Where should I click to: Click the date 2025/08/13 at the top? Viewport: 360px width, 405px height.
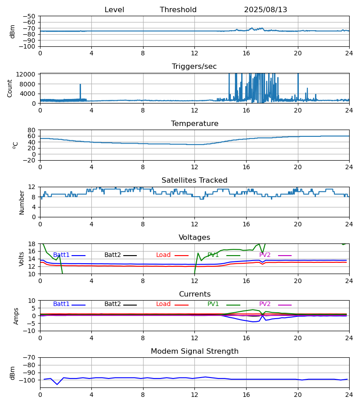(265, 10)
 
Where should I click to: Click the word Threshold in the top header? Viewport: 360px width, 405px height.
(178, 10)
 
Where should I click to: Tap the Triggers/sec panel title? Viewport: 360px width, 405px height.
(194, 67)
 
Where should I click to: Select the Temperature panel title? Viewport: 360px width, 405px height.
(194, 124)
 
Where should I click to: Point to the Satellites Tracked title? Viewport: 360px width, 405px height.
(194, 180)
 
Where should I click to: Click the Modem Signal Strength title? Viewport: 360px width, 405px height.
(194, 351)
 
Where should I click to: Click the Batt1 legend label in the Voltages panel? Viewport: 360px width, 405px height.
(61, 255)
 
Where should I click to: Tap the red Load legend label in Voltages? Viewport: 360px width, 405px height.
(163, 255)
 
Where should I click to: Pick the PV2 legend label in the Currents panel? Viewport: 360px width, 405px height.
(265, 304)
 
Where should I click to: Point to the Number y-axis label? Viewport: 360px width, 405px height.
(22, 202)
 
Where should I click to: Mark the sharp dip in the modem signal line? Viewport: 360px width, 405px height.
(57, 384)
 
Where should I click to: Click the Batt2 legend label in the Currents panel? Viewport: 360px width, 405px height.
(112, 304)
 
